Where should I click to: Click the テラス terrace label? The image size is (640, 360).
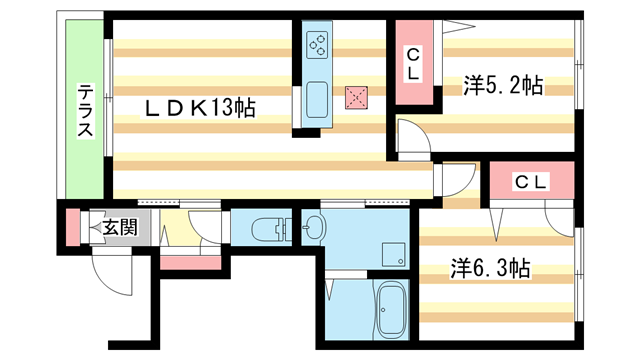[86, 111]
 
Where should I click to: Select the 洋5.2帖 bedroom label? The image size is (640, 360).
[502, 86]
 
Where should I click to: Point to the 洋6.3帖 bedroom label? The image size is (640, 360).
[490, 268]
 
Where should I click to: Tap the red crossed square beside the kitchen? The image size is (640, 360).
[355, 96]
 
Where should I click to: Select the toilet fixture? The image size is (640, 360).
[266, 227]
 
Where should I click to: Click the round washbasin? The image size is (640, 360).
[313, 227]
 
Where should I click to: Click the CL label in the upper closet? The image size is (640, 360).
[412, 64]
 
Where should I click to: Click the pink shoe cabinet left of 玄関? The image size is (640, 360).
[72, 227]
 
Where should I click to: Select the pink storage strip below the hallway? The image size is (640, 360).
[190, 262]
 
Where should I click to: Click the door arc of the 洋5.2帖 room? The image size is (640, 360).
[411, 136]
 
